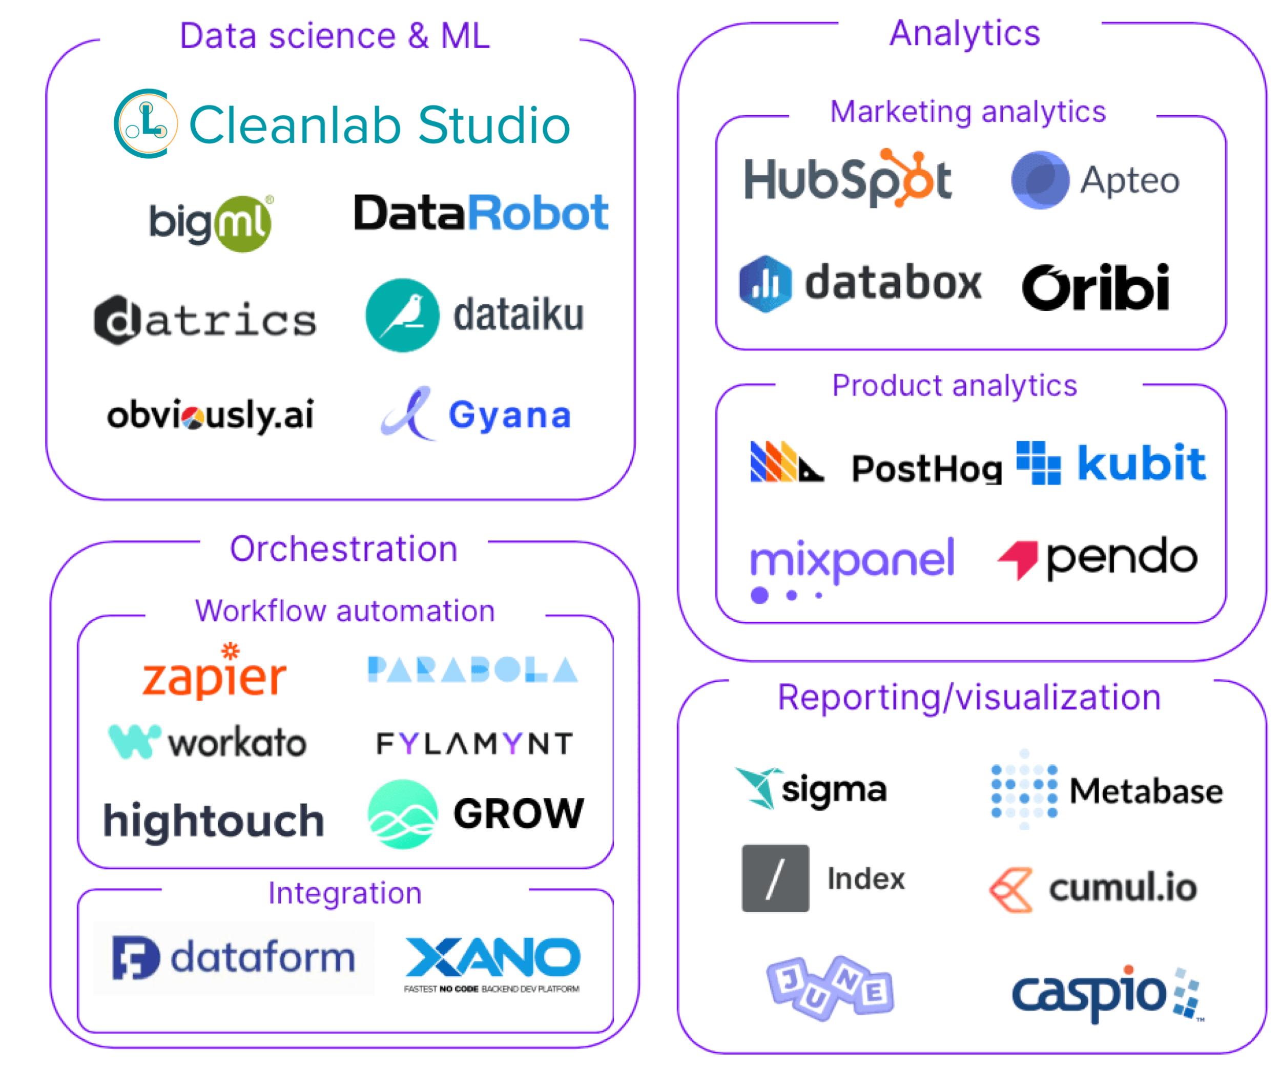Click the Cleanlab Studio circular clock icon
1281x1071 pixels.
coord(145,123)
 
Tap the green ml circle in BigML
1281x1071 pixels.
coord(243,224)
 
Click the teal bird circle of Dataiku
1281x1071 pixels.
coord(402,316)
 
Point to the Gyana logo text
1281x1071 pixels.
coord(510,415)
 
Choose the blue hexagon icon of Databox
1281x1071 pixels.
coord(765,284)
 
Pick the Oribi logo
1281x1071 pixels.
coord(1095,287)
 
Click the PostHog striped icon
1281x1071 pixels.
coord(786,461)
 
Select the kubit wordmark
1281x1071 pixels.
coord(1141,463)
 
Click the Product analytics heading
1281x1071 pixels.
coord(954,386)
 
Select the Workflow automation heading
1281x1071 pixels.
coord(345,611)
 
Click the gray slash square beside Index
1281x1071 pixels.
coord(775,878)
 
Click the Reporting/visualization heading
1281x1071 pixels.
coord(968,697)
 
